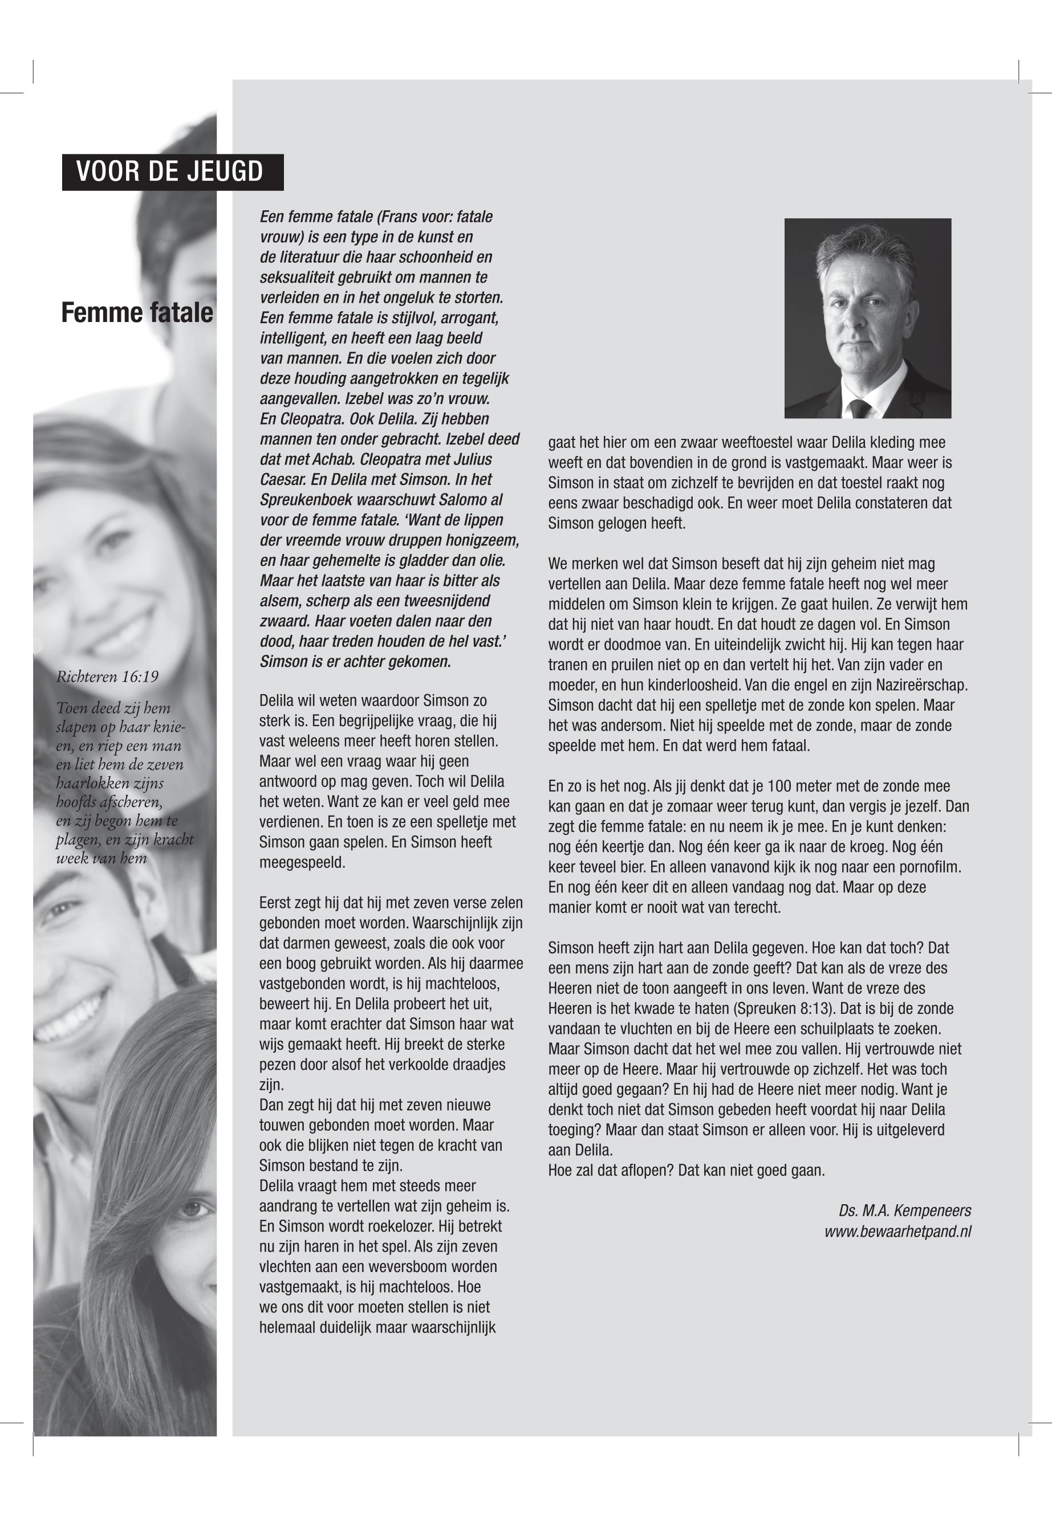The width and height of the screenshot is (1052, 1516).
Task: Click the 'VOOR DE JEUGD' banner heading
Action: [x=170, y=172]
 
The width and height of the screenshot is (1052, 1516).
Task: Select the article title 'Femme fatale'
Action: [x=137, y=313]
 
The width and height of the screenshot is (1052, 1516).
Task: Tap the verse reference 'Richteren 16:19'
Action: [x=107, y=677]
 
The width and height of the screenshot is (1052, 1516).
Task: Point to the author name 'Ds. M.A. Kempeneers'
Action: [x=904, y=1211]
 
